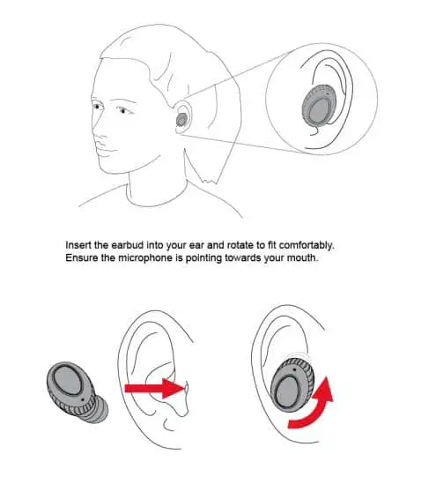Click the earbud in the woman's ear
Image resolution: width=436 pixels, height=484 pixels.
coord(181,117)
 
